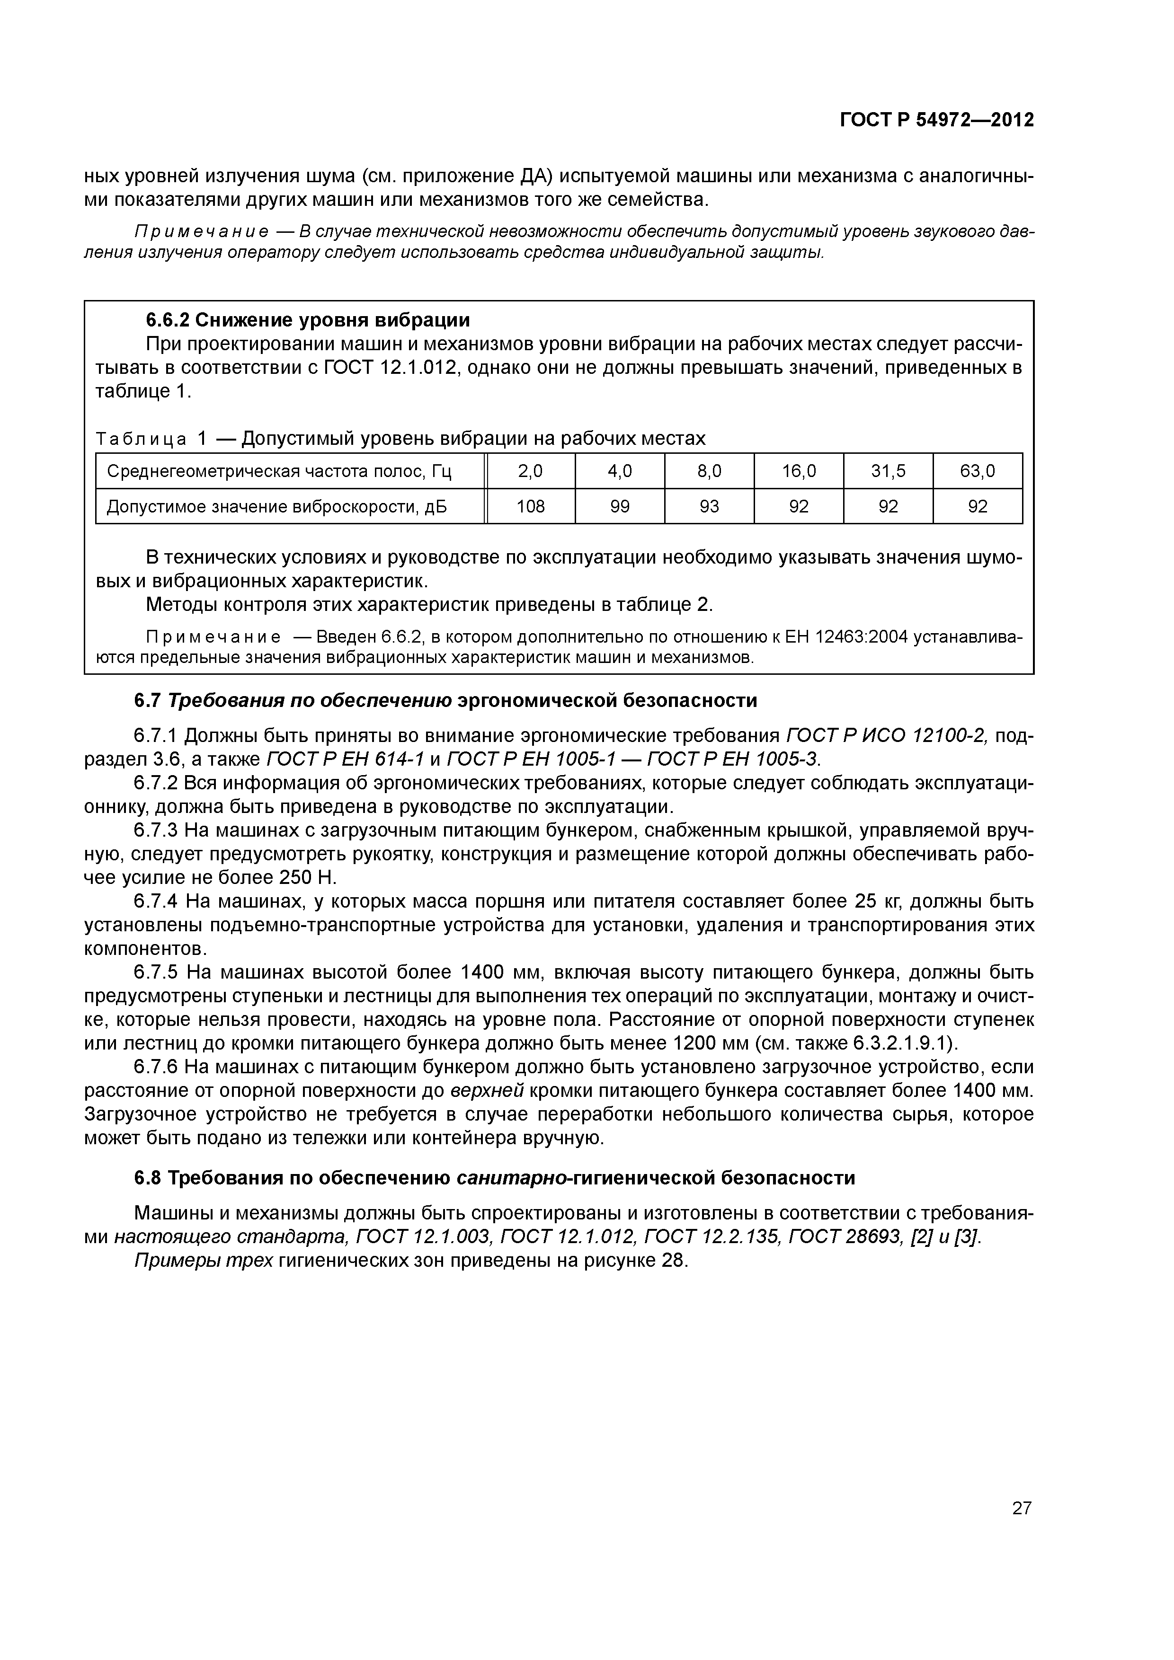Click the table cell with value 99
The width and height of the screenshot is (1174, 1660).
(620, 507)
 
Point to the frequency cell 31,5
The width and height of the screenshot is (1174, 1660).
(888, 471)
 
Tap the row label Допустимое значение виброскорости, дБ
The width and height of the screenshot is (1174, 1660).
(277, 507)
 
